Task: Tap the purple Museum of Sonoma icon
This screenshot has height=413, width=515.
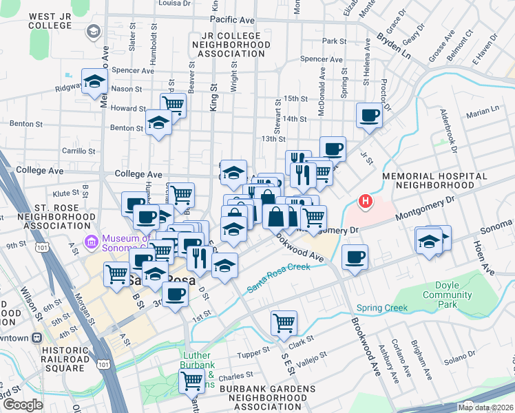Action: coord(90,242)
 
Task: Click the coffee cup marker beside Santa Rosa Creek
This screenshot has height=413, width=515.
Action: coord(355,257)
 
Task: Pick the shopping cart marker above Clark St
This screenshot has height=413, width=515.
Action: coord(283,321)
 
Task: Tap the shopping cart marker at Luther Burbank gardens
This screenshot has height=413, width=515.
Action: coord(191,379)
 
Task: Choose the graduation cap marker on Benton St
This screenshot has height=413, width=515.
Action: coord(159,123)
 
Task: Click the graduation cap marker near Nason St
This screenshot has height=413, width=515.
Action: coord(94,81)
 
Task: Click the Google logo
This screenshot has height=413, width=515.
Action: coord(23,405)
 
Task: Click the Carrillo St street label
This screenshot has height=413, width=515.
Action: coord(78,150)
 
